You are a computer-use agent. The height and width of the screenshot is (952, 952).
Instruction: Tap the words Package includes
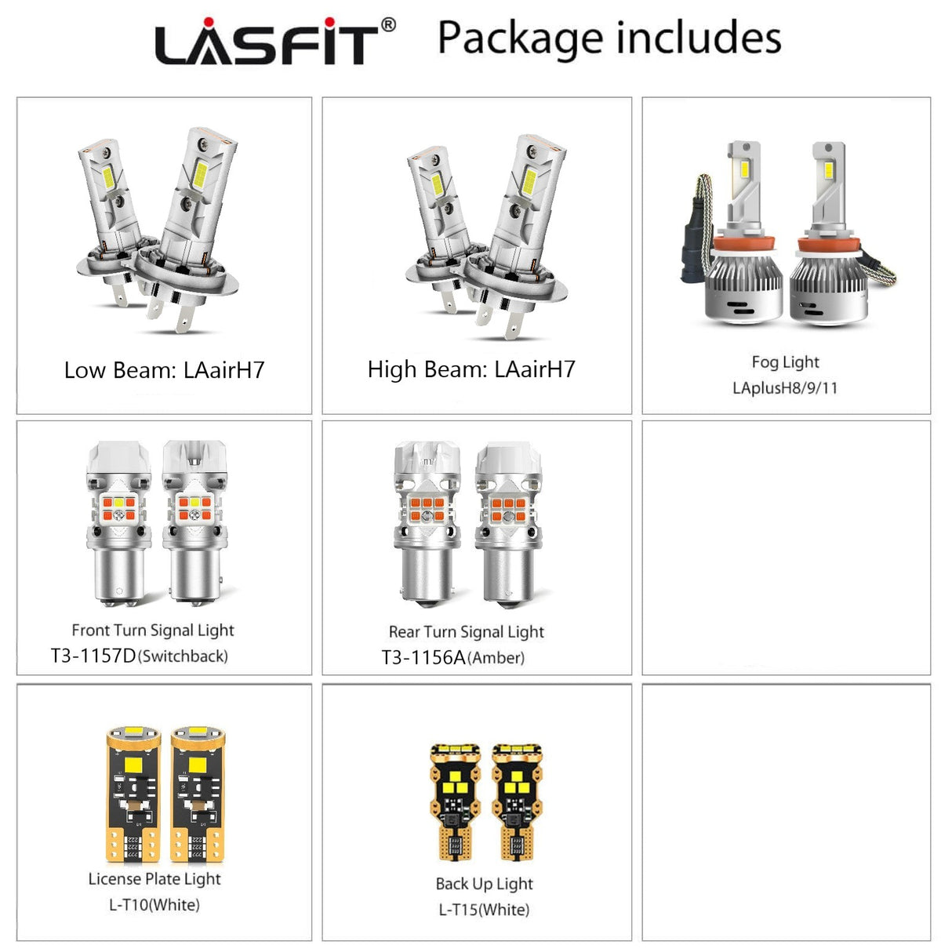(609, 38)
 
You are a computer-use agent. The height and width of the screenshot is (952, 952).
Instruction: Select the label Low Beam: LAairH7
(164, 370)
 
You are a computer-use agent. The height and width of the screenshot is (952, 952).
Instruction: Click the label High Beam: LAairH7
(471, 369)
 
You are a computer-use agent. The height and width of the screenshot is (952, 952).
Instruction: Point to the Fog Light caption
(785, 362)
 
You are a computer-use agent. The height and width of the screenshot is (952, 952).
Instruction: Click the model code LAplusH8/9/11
(785, 388)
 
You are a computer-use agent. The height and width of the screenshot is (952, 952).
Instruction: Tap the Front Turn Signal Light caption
(153, 630)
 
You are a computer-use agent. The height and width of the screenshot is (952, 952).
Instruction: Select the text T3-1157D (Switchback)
(140, 656)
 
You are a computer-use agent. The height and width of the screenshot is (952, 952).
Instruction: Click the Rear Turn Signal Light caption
(466, 632)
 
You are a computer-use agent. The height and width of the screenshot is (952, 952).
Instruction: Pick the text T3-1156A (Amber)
(453, 658)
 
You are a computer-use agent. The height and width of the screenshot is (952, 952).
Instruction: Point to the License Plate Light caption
(154, 879)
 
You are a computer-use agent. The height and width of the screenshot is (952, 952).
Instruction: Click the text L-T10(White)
(154, 905)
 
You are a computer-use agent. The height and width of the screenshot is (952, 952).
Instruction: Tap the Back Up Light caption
(484, 884)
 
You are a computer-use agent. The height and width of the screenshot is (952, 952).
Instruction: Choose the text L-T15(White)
(484, 910)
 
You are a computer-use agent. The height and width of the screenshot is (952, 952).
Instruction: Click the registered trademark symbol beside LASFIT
(388, 26)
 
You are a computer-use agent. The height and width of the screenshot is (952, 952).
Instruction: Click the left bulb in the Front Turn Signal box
(118, 521)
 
